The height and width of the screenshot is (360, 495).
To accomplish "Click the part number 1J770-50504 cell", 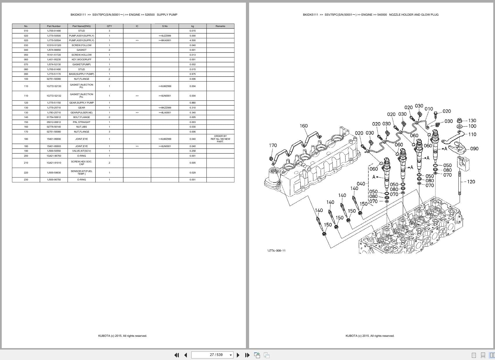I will tap(54, 40).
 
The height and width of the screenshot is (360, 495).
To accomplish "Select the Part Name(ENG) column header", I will tap(81, 26).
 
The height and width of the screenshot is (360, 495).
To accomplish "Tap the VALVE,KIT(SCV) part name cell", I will tap(81, 151).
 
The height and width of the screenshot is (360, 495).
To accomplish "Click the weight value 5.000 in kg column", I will tap(193, 36).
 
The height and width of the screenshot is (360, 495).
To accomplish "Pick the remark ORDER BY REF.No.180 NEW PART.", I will tap(220, 139).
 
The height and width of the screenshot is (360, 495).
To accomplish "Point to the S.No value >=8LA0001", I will tap(165, 113).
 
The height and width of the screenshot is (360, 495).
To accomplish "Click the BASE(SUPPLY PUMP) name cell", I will tap(81, 74).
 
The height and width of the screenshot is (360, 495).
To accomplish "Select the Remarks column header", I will tap(220, 26).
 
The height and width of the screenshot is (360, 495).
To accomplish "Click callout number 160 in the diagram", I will tap(304, 126).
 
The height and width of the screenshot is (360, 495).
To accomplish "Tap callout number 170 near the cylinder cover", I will tap(273, 145).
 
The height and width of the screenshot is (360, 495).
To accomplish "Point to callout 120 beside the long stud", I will tap(471, 182).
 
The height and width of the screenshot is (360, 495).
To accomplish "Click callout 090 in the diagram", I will tap(474, 149).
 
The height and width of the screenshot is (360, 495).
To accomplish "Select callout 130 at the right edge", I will tap(472, 120).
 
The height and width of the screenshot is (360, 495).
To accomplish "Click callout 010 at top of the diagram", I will tap(429, 109).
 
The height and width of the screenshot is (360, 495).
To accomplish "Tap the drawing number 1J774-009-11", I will tap(276, 250).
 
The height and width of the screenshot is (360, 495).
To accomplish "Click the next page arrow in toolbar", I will tap(238, 355).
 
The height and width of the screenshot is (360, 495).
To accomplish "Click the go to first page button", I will tap(176, 355).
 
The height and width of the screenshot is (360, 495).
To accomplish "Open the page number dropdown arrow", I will tap(231, 355).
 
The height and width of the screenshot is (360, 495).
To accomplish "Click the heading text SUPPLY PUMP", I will tap(167, 15).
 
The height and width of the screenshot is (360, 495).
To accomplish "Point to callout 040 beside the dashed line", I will tap(361, 184).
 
